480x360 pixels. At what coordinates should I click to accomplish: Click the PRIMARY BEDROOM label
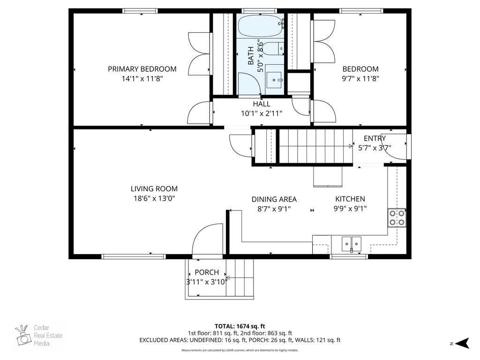142,69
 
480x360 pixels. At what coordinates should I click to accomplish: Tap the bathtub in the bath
260,27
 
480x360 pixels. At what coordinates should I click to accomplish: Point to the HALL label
262,104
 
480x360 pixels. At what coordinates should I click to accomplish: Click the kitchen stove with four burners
397,217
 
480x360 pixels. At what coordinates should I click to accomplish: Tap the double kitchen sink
351,243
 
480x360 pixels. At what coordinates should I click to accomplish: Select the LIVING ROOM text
154,189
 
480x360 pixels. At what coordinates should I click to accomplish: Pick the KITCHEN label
350,199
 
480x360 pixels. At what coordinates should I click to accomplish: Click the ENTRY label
375,138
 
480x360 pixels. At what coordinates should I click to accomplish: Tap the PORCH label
207,272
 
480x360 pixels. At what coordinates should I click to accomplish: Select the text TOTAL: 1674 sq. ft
240,326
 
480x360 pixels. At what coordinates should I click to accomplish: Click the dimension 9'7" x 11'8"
360,79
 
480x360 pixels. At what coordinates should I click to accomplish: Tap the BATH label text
251,55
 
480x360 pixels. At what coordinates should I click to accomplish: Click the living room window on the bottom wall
134,256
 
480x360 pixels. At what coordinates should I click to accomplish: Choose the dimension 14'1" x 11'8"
142,79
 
